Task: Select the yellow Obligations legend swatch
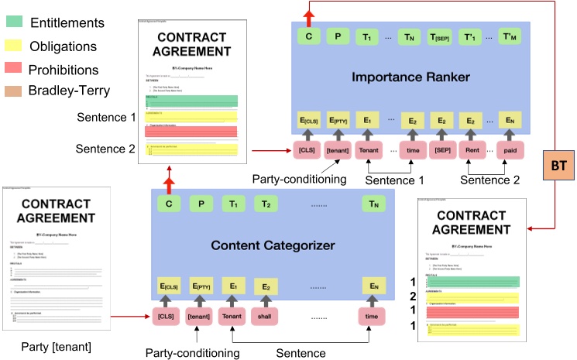(x=14, y=47)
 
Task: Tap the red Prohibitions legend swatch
(x=14, y=69)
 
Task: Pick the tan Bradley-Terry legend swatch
(x=14, y=91)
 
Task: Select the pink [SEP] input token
(x=441, y=149)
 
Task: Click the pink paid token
(x=509, y=149)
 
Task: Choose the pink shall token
(x=266, y=317)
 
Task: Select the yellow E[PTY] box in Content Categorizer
(x=200, y=287)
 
